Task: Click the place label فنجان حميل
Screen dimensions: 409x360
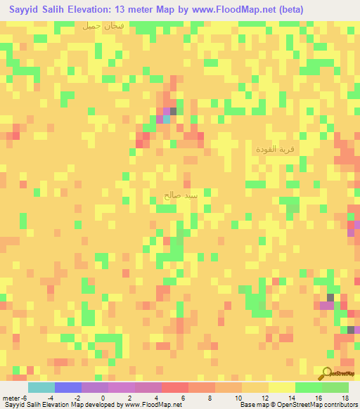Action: [102, 26]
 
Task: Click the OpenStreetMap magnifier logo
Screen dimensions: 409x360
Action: [327, 373]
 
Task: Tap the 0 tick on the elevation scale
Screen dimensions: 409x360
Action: [104, 398]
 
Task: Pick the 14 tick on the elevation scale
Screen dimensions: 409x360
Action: [292, 398]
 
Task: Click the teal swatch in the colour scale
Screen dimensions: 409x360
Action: [41, 387]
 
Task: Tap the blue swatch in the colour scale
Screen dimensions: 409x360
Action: [68, 387]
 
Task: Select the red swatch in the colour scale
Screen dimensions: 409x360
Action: [175, 387]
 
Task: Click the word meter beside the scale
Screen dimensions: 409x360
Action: [11, 398]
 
